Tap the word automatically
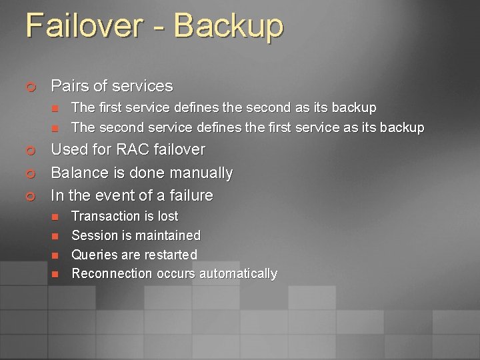(238, 273)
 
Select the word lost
(167, 216)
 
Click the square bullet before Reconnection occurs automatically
(55, 274)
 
